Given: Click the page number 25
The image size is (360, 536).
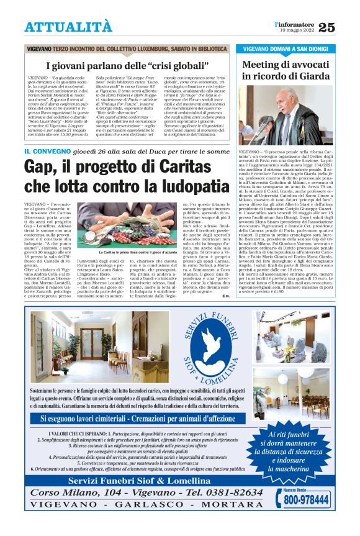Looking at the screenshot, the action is [x=343, y=27].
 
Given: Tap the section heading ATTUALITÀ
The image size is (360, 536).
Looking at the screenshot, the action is [x=68, y=27].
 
